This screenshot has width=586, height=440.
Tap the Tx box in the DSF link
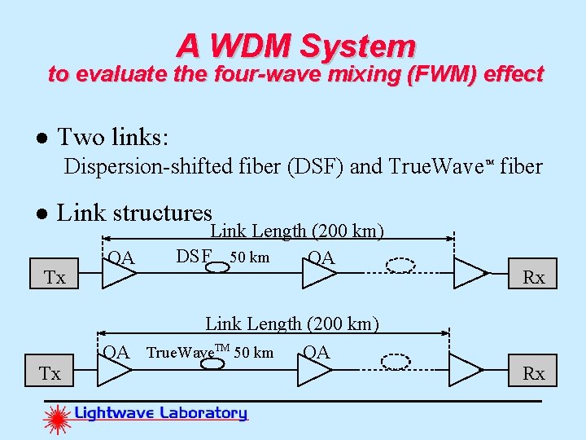[55, 276]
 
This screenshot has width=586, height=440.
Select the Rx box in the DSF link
[533, 276]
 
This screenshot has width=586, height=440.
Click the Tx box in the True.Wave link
[50, 372]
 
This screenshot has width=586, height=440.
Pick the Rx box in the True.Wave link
[533, 372]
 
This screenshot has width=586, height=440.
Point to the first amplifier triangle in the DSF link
[117, 273]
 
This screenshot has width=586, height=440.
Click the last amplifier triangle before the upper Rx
[470, 273]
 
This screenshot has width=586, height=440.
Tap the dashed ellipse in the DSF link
[400, 265]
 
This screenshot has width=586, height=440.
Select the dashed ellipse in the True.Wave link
[396, 361]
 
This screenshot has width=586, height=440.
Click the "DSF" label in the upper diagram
[193, 257]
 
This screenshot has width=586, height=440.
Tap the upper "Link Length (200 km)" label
[297, 231]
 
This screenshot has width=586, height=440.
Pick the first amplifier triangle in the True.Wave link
[114, 370]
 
